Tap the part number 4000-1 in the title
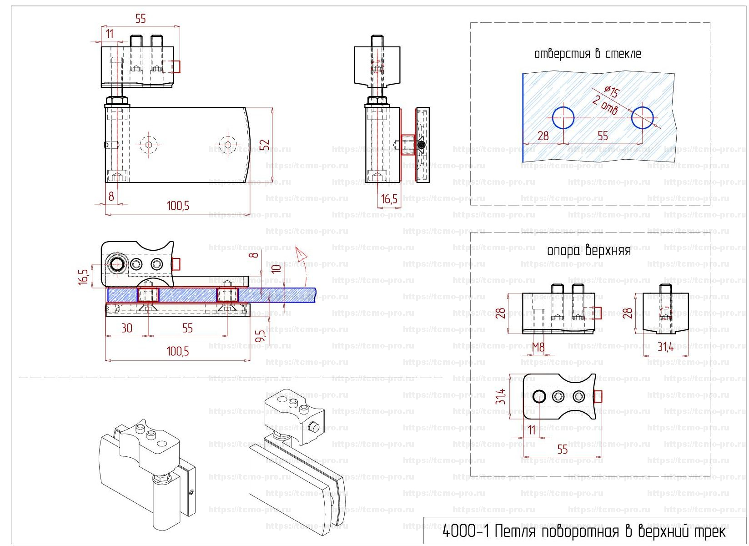point(466,531)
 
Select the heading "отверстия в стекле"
point(588,54)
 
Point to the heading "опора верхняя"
point(589,250)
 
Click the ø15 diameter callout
point(612,91)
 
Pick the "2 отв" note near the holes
point(605,106)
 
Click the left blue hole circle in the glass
point(563,117)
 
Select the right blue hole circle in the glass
point(642,117)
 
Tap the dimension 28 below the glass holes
point(543,136)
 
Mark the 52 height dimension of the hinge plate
point(265,145)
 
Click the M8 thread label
point(538,348)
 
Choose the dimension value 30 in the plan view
point(127,328)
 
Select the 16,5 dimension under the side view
point(389,199)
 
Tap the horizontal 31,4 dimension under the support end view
point(665,347)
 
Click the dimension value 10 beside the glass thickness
point(276,268)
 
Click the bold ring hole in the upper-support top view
point(539,396)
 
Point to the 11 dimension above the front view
point(110,34)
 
